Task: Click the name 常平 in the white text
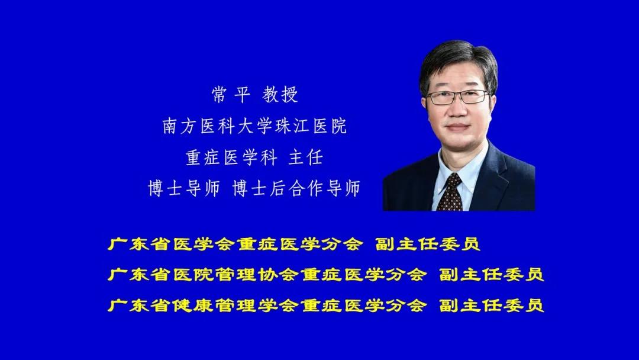[x=231, y=95]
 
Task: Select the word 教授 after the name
[x=280, y=95]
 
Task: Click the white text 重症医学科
[x=231, y=157]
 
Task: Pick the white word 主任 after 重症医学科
[x=306, y=157]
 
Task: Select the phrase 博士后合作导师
[x=296, y=188]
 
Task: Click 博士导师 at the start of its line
[x=184, y=188]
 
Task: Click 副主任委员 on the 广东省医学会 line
[x=428, y=244]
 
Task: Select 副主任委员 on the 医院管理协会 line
[x=492, y=274]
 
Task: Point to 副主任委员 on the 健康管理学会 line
[x=492, y=305]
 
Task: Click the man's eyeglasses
[x=457, y=97]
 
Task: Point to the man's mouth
[x=458, y=127]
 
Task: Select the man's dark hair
[x=459, y=61]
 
